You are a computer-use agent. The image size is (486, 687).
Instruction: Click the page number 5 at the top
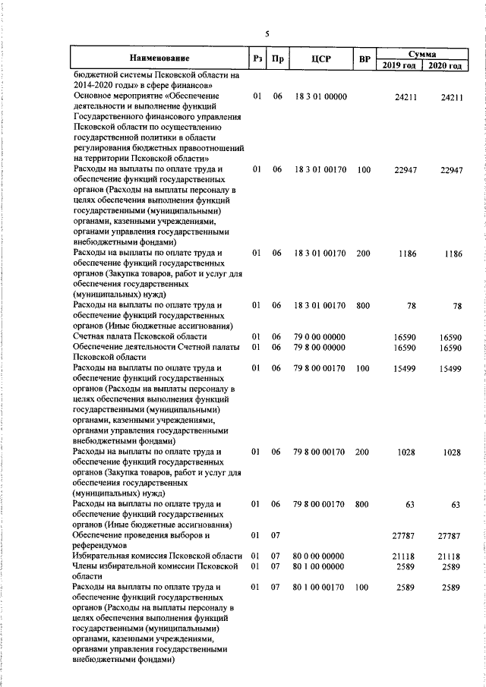267,33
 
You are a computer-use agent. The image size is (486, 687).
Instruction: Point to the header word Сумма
422,53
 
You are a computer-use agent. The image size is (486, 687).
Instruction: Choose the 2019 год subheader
399,65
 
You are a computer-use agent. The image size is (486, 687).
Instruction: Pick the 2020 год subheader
445,65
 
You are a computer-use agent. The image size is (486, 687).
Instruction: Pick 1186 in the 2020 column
452,254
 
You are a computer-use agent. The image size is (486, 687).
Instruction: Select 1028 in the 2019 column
406,452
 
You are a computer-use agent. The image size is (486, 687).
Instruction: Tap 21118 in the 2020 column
450,556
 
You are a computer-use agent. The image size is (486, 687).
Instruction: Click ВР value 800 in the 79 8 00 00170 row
361,504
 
